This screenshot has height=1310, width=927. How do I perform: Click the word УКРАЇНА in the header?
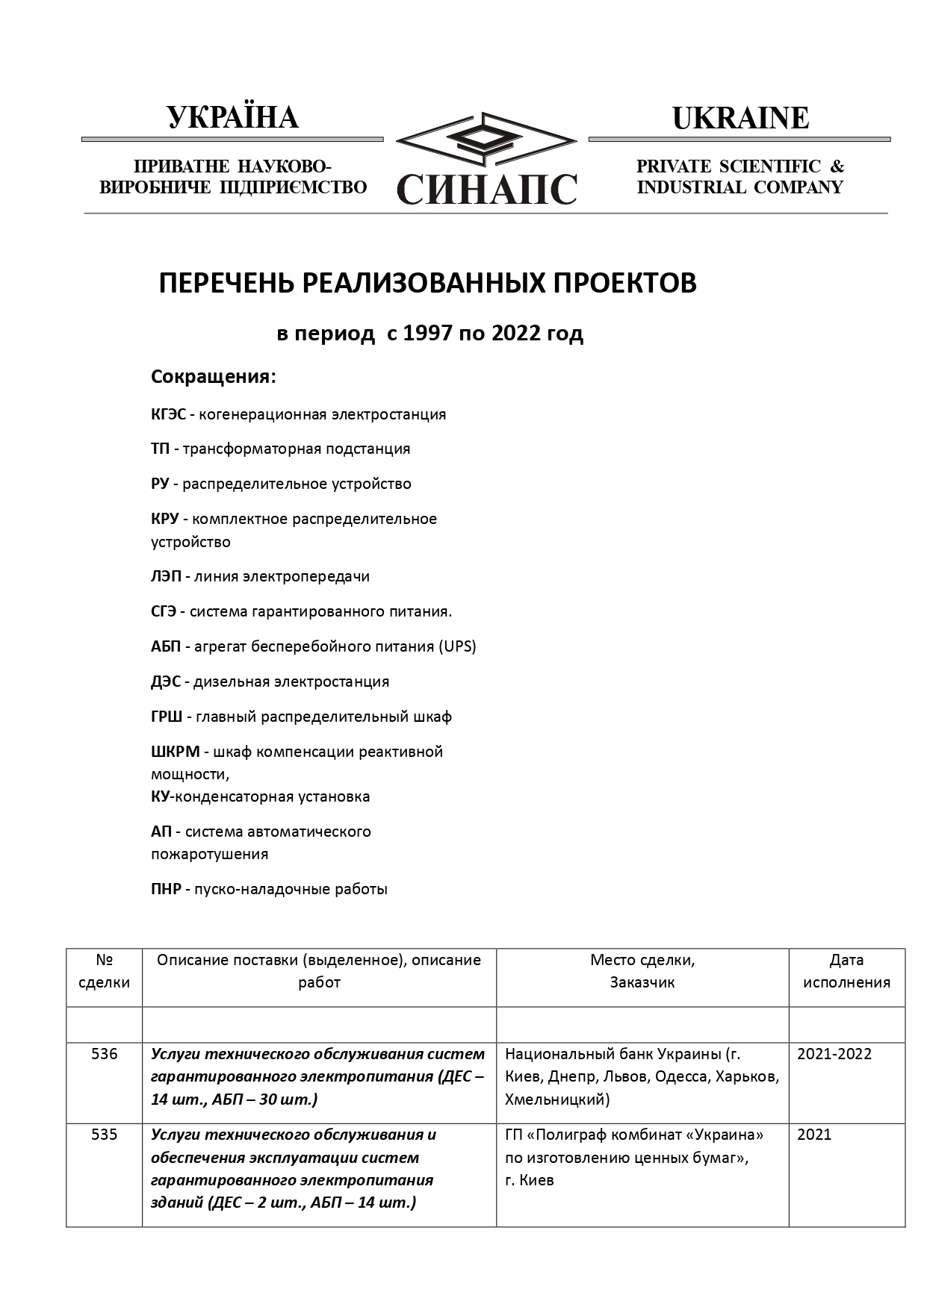pos(232,118)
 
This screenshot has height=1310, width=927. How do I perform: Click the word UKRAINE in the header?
pos(740,118)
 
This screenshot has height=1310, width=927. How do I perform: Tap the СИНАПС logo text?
pos(487,189)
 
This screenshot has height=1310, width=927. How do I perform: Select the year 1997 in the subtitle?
pos(427,333)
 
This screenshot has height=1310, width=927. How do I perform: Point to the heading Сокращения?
pos(213,377)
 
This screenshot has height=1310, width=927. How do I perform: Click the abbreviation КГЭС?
pos(168,414)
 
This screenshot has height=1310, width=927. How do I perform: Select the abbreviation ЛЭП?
pos(166,576)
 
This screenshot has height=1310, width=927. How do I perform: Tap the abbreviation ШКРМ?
pos(175,752)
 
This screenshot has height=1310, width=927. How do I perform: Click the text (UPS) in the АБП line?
pos(457,646)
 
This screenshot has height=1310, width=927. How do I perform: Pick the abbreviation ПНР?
pos(166,889)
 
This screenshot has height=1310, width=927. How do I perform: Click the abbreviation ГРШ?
pos(166,717)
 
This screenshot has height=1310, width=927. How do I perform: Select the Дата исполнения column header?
pos(846,971)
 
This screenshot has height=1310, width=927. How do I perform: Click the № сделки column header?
pos(104,971)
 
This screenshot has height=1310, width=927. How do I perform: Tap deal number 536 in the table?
pos(104,1054)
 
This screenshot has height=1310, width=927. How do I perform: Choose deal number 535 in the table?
pos(104,1135)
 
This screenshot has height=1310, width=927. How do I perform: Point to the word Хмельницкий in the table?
pos(556,1099)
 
